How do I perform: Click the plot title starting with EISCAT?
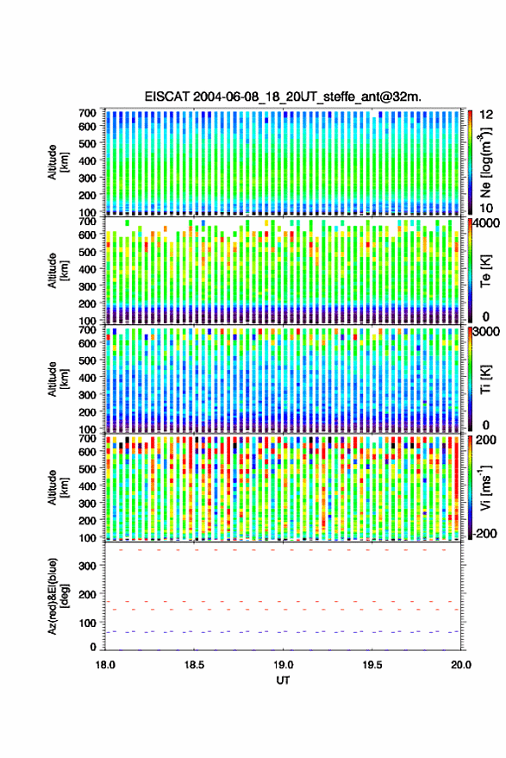[283, 97]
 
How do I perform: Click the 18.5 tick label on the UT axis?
[194, 665]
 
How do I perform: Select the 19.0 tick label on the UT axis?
[283, 665]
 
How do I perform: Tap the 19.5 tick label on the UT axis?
[372, 665]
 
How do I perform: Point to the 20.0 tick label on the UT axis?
[461, 665]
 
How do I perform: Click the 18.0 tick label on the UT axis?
[105, 665]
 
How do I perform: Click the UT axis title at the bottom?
[283, 680]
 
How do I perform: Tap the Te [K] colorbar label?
[485, 270]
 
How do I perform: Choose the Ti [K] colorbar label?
[485, 379]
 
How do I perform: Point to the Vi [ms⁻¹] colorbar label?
[485, 487]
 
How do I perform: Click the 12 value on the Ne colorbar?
[487, 115]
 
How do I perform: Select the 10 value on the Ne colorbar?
[486, 209]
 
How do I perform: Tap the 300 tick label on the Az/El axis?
[88, 566]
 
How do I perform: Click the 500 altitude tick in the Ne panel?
[88, 143]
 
